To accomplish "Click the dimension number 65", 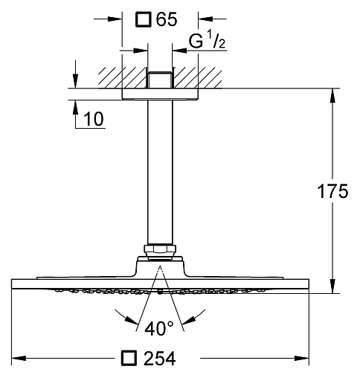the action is (167, 19).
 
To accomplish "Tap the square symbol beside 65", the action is (144, 19).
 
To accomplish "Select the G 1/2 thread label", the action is (207, 40).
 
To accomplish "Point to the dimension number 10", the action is (93, 118).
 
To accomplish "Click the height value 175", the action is (332, 191).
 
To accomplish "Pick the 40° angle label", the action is (159, 328).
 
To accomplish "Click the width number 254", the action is (160, 358).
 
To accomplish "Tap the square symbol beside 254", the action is (129, 358).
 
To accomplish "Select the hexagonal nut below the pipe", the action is (160, 249).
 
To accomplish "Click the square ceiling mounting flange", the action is (160, 94).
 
